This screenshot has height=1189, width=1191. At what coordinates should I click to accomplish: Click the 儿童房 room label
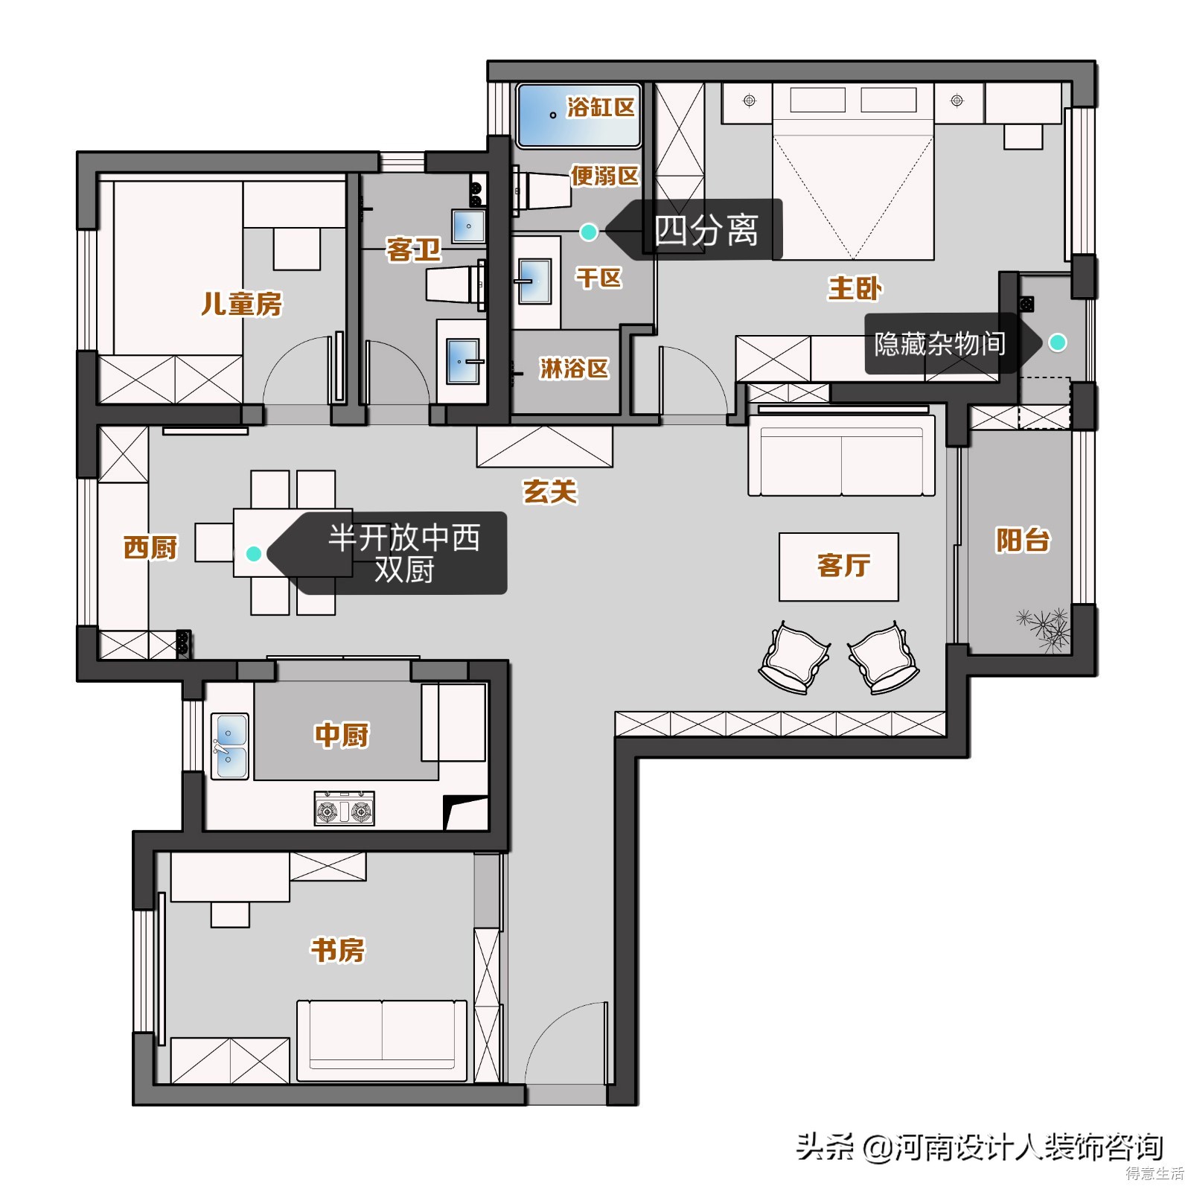[242, 304]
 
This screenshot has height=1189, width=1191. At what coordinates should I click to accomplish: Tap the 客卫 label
[414, 249]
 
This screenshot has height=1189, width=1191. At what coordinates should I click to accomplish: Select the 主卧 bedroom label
[855, 288]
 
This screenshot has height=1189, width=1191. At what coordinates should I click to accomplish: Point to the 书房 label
[338, 949]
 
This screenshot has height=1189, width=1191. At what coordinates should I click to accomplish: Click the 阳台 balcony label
[1023, 540]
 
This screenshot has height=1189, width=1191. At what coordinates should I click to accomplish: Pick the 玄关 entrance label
[550, 491]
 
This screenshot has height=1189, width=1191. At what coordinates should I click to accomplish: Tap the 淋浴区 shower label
[574, 368]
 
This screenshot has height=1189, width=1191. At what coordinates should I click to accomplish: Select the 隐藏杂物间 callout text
[940, 343]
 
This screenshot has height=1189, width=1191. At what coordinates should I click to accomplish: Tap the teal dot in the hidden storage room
[1057, 342]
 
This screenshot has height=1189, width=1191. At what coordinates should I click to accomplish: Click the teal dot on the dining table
[253, 553]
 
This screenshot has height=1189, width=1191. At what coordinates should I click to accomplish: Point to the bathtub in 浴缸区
[579, 115]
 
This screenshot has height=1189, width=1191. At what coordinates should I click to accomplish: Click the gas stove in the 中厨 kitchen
[344, 809]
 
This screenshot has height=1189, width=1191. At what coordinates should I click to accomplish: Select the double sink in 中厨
[230, 746]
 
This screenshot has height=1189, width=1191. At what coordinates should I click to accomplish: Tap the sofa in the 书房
[382, 1041]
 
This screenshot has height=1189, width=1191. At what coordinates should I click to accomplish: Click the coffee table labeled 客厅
[839, 567]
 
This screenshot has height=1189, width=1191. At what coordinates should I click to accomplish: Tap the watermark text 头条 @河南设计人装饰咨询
[980, 1147]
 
